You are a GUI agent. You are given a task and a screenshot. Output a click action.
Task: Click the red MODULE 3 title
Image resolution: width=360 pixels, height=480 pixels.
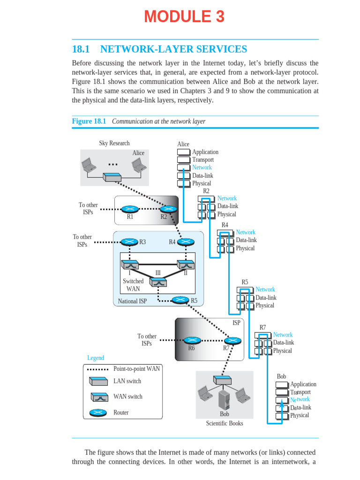point(184,17)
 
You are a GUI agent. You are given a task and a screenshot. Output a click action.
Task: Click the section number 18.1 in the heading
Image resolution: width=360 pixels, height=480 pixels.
point(81,49)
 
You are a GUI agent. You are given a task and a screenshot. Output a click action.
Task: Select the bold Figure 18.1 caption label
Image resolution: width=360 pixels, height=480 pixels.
point(89,121)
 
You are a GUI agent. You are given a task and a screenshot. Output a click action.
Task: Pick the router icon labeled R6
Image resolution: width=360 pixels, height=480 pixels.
point(191,340)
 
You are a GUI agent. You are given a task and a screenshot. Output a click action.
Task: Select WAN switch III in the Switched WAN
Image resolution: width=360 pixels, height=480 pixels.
point(158,282)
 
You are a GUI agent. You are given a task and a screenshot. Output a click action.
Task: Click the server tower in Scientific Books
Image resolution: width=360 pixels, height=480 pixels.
point(225,399)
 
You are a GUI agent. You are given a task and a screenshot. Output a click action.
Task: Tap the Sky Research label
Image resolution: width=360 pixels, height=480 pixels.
point(114,143)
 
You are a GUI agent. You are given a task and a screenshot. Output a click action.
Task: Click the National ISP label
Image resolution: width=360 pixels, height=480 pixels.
point(132,301)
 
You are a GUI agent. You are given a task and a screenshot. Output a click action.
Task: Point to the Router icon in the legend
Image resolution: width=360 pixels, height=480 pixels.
point(97,412)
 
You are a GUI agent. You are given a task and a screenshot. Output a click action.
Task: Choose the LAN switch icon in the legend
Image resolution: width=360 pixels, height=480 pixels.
point(98,381)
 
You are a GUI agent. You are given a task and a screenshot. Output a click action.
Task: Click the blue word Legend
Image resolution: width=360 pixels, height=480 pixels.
point(96,358)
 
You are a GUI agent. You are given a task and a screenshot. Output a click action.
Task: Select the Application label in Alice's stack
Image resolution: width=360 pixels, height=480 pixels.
point(205,152)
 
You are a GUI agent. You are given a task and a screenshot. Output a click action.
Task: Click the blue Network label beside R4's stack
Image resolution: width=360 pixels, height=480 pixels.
point(246,232)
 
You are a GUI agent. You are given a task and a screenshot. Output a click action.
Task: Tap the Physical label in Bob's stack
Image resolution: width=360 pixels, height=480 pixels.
point(300,415)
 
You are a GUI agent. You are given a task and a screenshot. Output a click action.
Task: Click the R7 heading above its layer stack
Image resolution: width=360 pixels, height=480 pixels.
point(262,327)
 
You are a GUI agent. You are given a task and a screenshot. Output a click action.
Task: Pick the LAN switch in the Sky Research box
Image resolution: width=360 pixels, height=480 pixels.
point(112,178)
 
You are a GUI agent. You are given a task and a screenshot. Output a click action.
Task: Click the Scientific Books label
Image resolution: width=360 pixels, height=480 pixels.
point(225,423)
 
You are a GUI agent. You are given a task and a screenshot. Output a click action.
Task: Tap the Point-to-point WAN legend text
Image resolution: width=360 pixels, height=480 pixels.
point(136,369)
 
